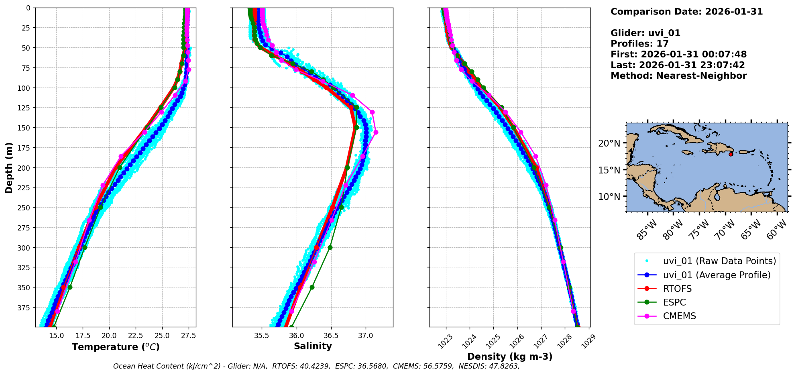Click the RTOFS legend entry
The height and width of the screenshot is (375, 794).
677,289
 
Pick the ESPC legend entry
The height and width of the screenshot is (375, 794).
674,302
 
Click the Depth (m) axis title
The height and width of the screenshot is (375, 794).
9,167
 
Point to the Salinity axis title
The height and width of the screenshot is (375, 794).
313,346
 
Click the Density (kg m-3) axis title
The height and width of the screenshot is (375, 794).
510,357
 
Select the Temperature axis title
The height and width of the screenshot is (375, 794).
116,347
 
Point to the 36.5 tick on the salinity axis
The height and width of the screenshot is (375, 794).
331,336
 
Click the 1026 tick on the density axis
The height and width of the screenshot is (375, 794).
514,341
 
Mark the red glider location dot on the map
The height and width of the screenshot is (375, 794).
731,154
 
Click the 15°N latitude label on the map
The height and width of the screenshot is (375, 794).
609,170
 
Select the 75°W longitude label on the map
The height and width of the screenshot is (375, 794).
699,230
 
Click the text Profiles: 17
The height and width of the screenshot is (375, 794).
639,44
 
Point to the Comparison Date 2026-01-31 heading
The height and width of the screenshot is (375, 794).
686,12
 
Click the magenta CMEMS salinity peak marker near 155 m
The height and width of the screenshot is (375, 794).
376,132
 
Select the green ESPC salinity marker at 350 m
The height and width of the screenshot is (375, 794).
312,287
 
